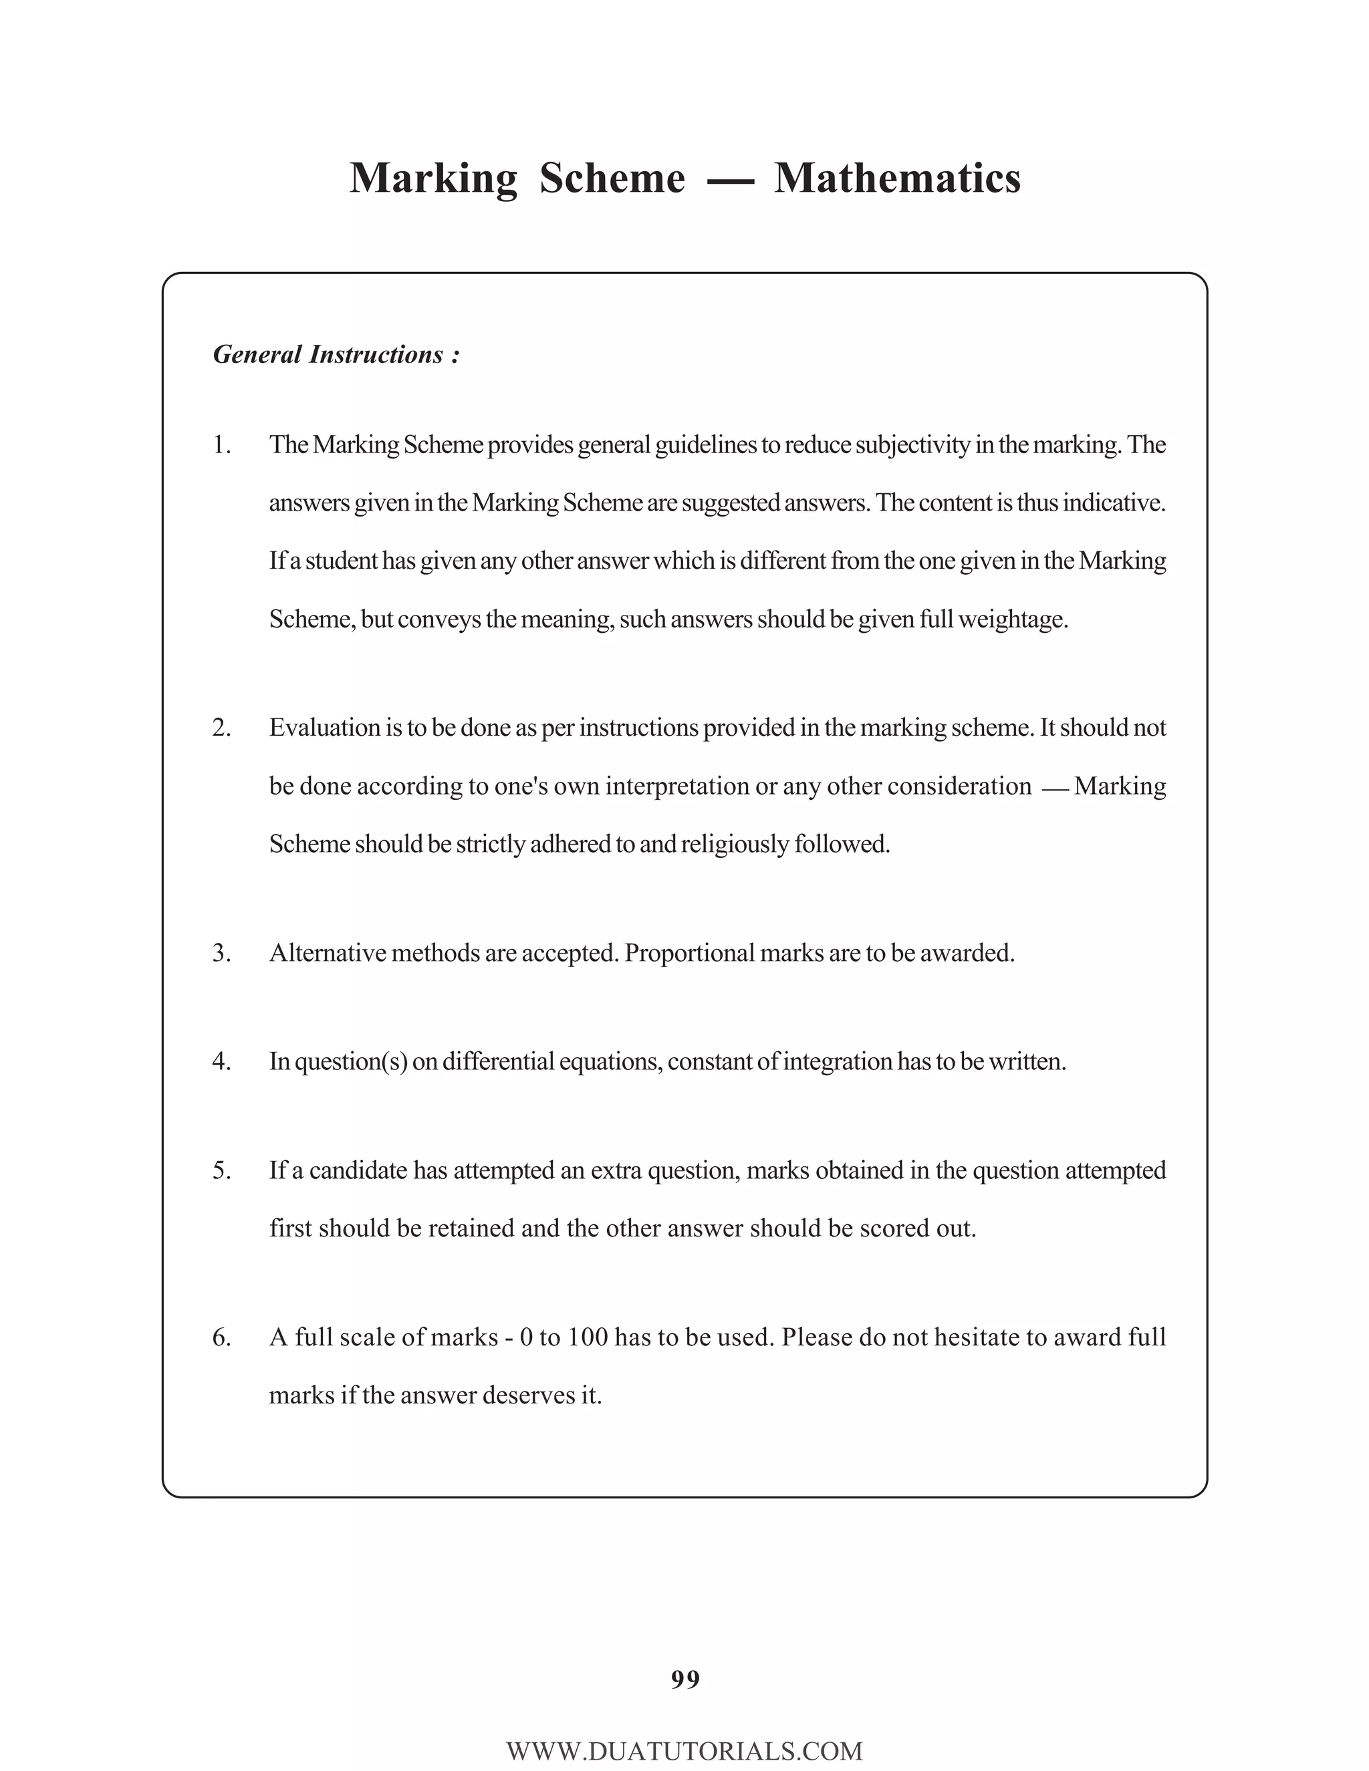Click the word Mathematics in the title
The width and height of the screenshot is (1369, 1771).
[897, 178]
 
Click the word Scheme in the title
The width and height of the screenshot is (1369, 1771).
[612, 178]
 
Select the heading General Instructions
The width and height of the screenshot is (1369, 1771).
[336, 354]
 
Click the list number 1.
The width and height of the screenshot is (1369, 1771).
[221, 445]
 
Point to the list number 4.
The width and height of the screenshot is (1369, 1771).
[221, 1061]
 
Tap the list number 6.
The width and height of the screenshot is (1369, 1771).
[221, 1337]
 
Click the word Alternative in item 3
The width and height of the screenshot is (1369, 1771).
[328, 953]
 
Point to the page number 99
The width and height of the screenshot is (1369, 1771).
[685, 1679]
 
